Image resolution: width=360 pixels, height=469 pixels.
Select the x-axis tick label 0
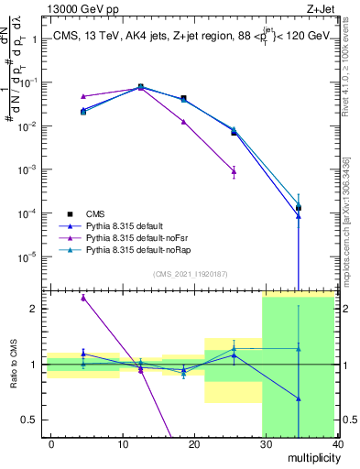click(51, 442)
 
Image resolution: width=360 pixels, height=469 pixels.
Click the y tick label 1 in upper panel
click(34, 39)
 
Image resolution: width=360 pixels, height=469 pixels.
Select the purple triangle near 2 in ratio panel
click(83, 298)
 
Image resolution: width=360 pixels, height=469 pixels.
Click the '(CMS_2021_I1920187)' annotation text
click(190, 272)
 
